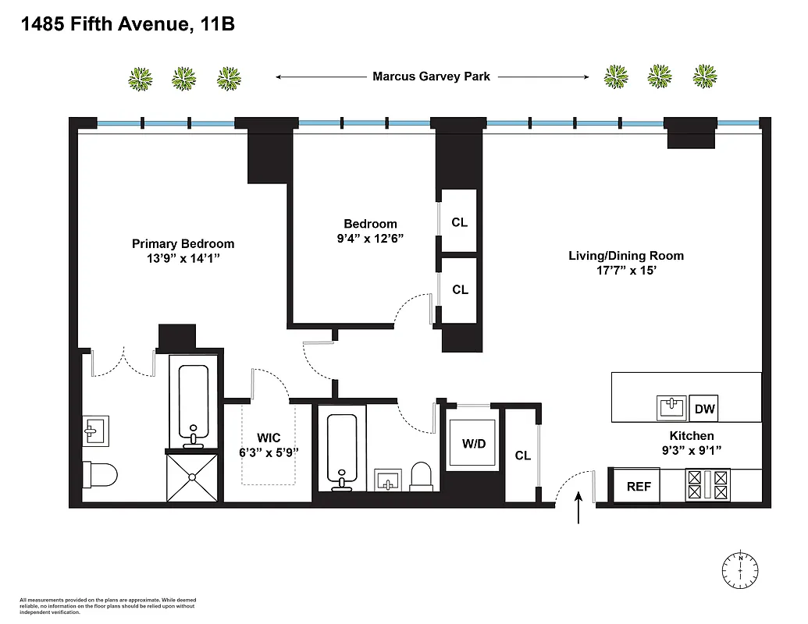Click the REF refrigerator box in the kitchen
pyautogui.click(x=638, y=486)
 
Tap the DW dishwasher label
pyautogui.click(x=704, y=408)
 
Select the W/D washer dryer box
pyautogui.click(x=473, y=445)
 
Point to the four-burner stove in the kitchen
pyautogui.click(x=707, y=484)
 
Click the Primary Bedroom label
pyautogui.click(x=183, y=244)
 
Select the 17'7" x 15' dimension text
pyautogui.click(x=625, y=271)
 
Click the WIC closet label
pyautogui.click(x=268, y=438)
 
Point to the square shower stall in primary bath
pyautogui.click(x=193, y=477)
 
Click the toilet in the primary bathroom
pyautogui.click(x=101, y=473)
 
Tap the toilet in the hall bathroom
pyautogui.click(x=421, y=476)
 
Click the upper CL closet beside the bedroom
pyautogui.click(x=460, y=222)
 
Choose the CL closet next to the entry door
pyautogui.click(x=522, y=456)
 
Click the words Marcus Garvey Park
pyautogui.click(x=431, y=76)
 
